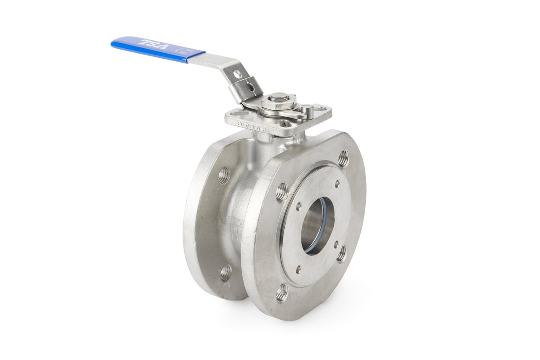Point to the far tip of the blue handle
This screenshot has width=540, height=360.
(x=114, y=43)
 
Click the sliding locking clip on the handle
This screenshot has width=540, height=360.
(x=246, y=89)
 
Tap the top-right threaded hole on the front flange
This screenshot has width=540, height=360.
(x=343, y=158)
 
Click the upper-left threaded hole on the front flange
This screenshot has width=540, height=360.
(x=282, y=191)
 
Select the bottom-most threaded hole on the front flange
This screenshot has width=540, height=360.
(x=282, y=292)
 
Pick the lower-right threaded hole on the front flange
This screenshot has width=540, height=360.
(x=341, y=253)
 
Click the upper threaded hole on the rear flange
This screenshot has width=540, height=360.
(x=224, y=175)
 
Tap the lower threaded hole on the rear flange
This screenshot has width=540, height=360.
(x=225, y=272)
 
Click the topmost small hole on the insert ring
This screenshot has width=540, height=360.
(x=337, y=183)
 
